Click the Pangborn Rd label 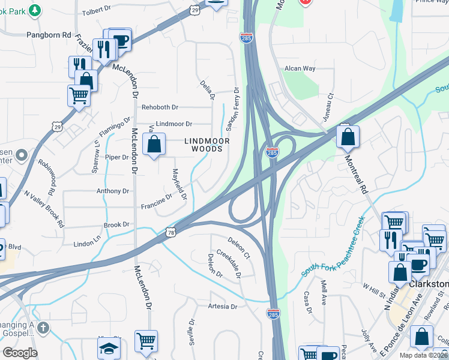click(49, 35)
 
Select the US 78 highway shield click(171, 233)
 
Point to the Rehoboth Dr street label click(160, 107)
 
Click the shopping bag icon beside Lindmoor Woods click(154, 145)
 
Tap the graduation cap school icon click(109, 349)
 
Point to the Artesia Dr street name click(222, 307)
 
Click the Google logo click(20, 353)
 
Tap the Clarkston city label click(429, 284)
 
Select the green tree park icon click(35, 10)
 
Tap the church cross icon click(42, 328)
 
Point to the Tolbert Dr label click(97, 11)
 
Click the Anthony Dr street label click(113, 191)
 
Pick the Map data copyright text click(424, 355)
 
